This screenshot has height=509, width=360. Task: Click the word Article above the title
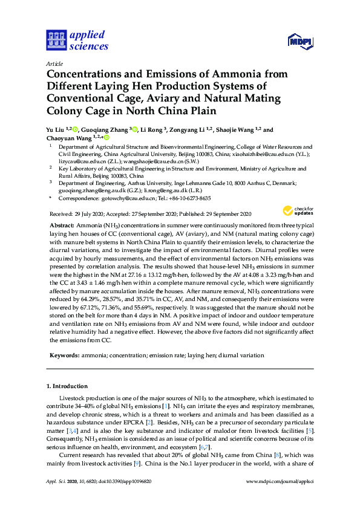tap(54, 63)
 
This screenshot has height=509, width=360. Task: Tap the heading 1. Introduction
tap(67, 386)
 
